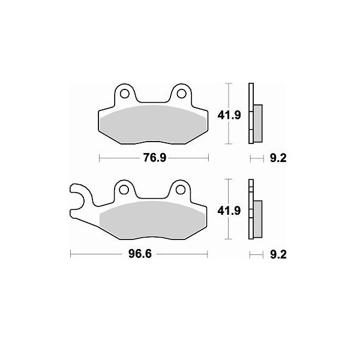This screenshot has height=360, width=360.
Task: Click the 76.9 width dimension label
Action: tap(155, 158)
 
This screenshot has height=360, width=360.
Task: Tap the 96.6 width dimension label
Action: tap(140, 254)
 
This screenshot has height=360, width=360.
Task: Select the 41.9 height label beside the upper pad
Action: tap(229, 115)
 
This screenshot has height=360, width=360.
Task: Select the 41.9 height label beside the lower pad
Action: tap(229, 211)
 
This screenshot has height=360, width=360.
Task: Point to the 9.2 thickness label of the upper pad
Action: tap(278, 158)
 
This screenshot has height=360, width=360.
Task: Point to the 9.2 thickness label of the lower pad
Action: tap(278, 254)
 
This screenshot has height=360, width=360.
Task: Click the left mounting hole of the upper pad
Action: tap(124, 94)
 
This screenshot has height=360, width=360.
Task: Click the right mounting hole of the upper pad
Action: tap(181, 94)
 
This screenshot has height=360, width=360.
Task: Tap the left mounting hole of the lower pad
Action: tap(124, 190)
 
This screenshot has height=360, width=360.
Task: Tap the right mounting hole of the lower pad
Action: tap(181, 190)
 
